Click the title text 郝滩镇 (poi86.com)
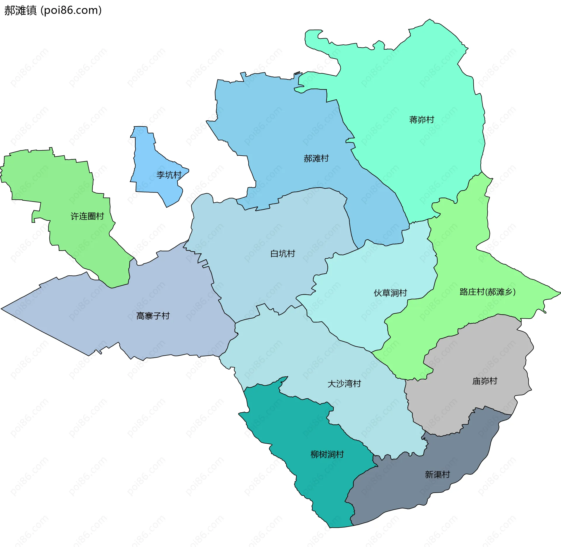click(53, 10)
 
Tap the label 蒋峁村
click(421, 120)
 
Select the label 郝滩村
click(316, 159)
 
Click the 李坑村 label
click(169, 175)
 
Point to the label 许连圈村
click(87, 216)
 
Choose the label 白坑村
click(283, 253)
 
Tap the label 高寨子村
click(153, 316)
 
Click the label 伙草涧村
click(390, 293)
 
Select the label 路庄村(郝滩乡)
click(487, 292)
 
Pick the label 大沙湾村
click(344, 383)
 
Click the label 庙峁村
click(485, 381)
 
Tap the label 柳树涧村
click(327, 454)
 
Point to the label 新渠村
click(437, 475)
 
